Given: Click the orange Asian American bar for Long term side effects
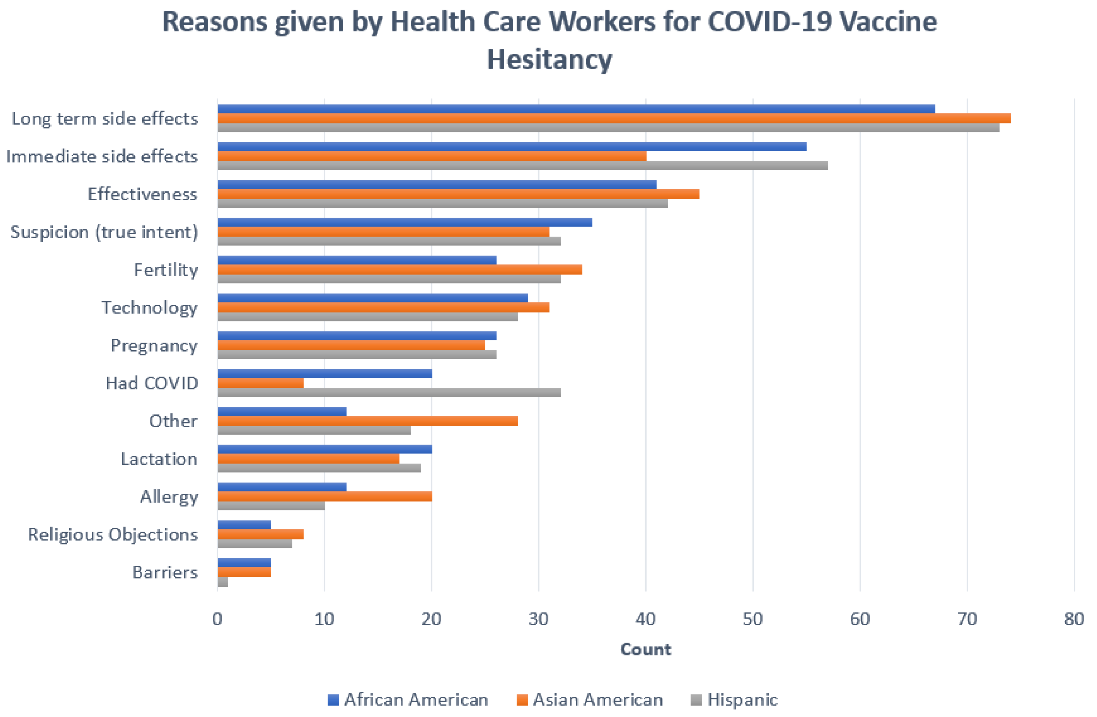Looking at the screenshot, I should click(613, 118).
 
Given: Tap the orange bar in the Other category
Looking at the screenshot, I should click(367, 421).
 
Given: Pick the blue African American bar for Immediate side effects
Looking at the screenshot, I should click(512, 146).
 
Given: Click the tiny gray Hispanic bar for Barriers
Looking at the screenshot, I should click(222, 582).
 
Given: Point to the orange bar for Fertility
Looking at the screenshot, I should click(400, 270).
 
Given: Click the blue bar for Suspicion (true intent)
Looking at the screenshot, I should click(405, 222).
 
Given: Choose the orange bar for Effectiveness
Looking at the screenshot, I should click(458, 194).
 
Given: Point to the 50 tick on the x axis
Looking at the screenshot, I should click(753, 619).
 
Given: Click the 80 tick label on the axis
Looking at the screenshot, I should click(1074, 619).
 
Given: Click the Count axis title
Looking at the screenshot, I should click(645, 649).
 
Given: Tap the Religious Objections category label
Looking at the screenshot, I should click(113, 535).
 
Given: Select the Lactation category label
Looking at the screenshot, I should click(159, 459).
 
